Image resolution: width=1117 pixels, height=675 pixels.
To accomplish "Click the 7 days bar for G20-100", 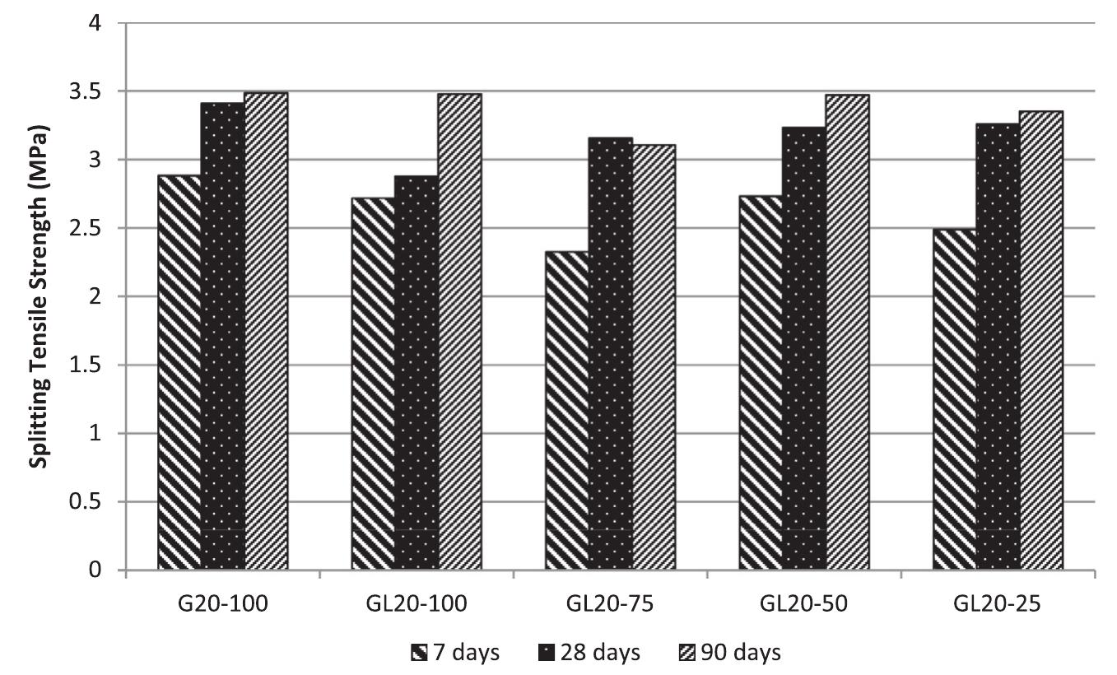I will [x=179, y=373].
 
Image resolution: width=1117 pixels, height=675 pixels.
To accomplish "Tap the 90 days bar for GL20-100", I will [x=459, y=332].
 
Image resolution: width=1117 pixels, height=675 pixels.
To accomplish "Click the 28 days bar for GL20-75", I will [x=611, y=354].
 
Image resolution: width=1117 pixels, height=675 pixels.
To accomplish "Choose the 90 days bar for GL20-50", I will [x=847, y=333].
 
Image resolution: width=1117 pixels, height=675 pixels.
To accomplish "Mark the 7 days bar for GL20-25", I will [x=955, y=399].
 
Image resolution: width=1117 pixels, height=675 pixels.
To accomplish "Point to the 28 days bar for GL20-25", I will [x=998, y=347].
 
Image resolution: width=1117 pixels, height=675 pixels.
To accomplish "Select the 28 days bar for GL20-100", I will [x=417, y=373].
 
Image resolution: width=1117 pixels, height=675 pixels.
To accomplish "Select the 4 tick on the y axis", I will [x=105, y=23].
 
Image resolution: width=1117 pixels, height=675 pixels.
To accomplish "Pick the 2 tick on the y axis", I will [x=105, y=296].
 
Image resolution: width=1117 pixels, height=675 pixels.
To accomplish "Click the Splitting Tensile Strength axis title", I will [x=37, y=297].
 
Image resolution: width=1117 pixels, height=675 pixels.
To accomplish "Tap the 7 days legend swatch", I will [x=418, y=654].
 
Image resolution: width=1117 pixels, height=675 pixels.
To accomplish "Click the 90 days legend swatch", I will [x=685, y=654].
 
